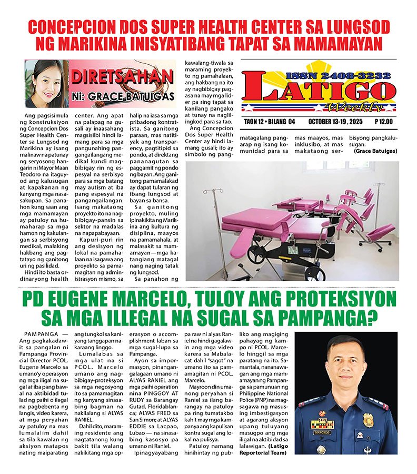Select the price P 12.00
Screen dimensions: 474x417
pos(385,122)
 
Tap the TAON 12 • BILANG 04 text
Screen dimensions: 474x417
pos(270,122)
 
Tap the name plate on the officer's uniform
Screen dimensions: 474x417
pos(322,432)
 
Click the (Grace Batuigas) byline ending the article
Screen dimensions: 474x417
pos(375,151)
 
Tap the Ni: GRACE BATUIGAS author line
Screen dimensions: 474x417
pos(122,97)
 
